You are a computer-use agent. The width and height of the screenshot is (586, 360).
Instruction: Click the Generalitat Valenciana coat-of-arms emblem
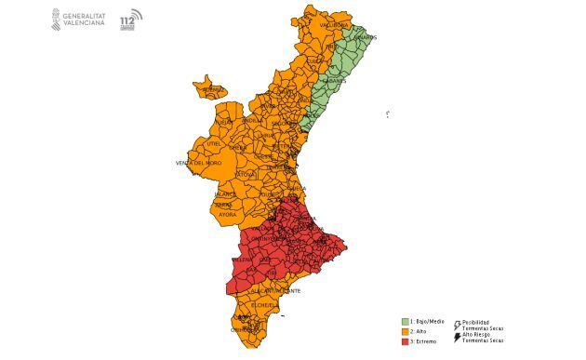coord(56,20)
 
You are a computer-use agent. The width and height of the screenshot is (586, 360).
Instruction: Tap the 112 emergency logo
coord(131,20)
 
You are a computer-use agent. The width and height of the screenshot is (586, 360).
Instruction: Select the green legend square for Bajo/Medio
coord(406,321)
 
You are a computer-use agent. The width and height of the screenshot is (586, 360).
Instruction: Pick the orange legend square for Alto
coord(406,331)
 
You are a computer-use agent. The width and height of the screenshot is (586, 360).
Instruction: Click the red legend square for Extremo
coord(406,341)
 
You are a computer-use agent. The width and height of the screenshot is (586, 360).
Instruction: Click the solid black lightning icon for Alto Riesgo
coord(457,337)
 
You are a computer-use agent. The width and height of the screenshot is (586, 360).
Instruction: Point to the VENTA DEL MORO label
coord(198,163)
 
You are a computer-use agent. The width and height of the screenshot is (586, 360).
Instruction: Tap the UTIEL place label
coord(215,144)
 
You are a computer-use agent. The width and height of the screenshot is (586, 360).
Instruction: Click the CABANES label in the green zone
coord(335,81)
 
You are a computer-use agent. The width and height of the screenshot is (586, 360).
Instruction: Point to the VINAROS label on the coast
coord(366,37)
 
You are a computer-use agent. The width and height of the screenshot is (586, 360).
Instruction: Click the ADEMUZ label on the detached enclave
coord(212,89)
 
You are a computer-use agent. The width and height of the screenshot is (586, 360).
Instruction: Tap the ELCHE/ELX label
coord(264,305)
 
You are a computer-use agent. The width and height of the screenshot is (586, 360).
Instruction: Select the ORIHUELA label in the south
coord(245,329)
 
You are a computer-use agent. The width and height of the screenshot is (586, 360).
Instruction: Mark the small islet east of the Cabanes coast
coord(387,113)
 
